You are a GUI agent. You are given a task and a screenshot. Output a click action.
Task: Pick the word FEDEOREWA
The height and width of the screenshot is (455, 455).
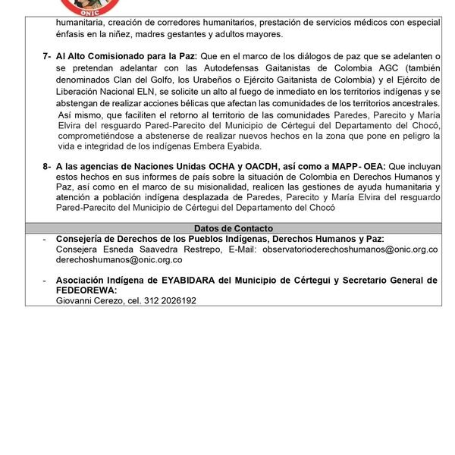tap(85, 290)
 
